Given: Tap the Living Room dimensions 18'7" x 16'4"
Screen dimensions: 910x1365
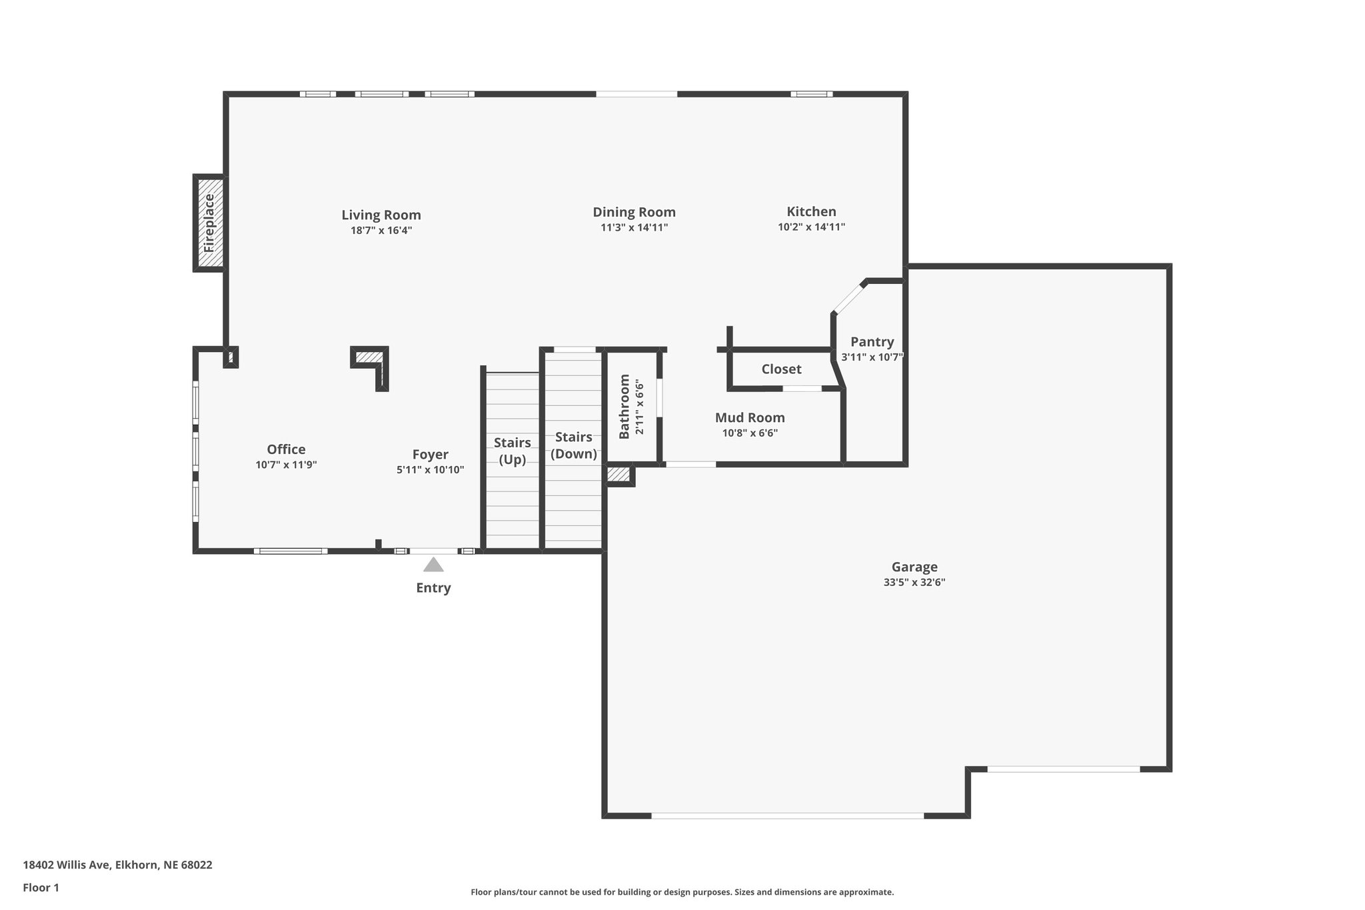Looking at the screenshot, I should pyautogui.click(x=381, y=231).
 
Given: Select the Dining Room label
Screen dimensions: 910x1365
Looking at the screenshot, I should pyautogui.click(x=634, y=212).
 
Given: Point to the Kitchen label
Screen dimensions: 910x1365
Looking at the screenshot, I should pyautogui.click(x=811, y=211).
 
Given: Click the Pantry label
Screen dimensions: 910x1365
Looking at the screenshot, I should pyautogui.click(x=872, y=342).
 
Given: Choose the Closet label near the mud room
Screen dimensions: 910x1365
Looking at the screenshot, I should pyautogui.click(x=781, y=369).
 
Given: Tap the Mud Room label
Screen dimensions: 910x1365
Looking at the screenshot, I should pyautogui.click(x=750, y=418).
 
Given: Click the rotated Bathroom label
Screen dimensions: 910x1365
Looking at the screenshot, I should pyautogui.click(x=625, y=407).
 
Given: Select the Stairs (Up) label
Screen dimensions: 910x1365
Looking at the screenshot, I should pyautogui.click(x=513, y=451).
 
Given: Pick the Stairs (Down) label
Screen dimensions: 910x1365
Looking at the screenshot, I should pyautogui.click(x=574, y=445).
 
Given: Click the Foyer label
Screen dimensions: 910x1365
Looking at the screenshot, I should pyautogui.click(x=430, y=455).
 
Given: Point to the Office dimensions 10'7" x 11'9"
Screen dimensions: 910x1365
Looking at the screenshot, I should pyautogui.click(x=286, y=465).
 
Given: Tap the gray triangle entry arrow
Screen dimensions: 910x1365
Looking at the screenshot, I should pyautogui.click(x=433, y=565).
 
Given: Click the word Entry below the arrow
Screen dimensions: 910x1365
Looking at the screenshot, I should pyautogui.click(x=433, y=588).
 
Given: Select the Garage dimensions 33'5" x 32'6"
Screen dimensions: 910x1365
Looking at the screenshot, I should pyautogui.click(x=914, y=582).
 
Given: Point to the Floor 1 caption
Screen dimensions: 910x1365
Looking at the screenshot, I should pyautogui.click(x=41, y=887).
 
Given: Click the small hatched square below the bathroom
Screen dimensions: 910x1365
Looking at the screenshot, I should pyautogui.click(x=619, y=475).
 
